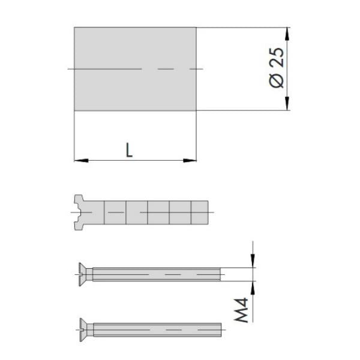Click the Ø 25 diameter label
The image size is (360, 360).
(277, 68)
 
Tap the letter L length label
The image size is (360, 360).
(129, 150)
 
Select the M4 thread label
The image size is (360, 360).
(241, 310)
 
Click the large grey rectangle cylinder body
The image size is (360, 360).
(135, 69)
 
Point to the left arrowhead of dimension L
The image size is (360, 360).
(81, 160)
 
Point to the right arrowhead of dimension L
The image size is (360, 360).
(190, 160)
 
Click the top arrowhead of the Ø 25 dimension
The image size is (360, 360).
(287, 34)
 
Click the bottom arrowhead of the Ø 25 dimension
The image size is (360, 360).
(287, 104)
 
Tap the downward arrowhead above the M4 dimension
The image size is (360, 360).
(253, 261)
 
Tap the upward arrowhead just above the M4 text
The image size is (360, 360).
(253, 288)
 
